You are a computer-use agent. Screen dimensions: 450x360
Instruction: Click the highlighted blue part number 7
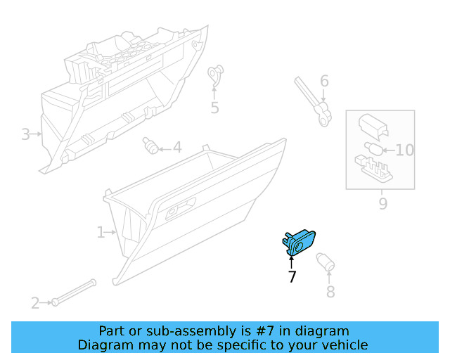click(x=298, y=243)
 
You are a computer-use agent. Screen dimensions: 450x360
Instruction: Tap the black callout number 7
click(x=292, y=276)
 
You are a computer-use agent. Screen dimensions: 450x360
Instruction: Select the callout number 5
click(x=214, y=108)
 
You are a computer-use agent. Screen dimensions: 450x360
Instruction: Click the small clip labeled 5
click(x=216, y=74)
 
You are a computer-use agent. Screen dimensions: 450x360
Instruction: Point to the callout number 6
click(x=324, y=81)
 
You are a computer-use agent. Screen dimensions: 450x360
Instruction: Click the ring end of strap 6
click(x=324, y=120)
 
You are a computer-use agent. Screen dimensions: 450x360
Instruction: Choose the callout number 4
click(x=177, y=147)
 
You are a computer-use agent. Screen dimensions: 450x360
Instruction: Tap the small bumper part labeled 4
click(x=150, y=146)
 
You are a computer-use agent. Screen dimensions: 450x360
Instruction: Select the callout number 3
click(x=25, y=134)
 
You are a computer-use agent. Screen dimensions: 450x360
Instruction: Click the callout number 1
click(x=101, y=232)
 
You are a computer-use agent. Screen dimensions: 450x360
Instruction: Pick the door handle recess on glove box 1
click(x=181, y=208)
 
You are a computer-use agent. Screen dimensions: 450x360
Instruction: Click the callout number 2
click(x=35, y=303)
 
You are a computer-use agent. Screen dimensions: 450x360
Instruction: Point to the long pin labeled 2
click(x=74, y=292)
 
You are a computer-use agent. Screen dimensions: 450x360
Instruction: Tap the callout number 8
click(x=330, y=292)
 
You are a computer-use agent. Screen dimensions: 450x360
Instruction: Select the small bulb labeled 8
click(x=326, y=262)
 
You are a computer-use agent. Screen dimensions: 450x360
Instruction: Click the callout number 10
click(x=405, y=150)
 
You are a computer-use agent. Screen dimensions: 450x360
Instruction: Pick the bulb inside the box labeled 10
click(x=373, y=148)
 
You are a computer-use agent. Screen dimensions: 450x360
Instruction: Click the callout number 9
click(x=383, y=203)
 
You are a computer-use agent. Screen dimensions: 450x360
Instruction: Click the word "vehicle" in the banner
click(x=349, y=345)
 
